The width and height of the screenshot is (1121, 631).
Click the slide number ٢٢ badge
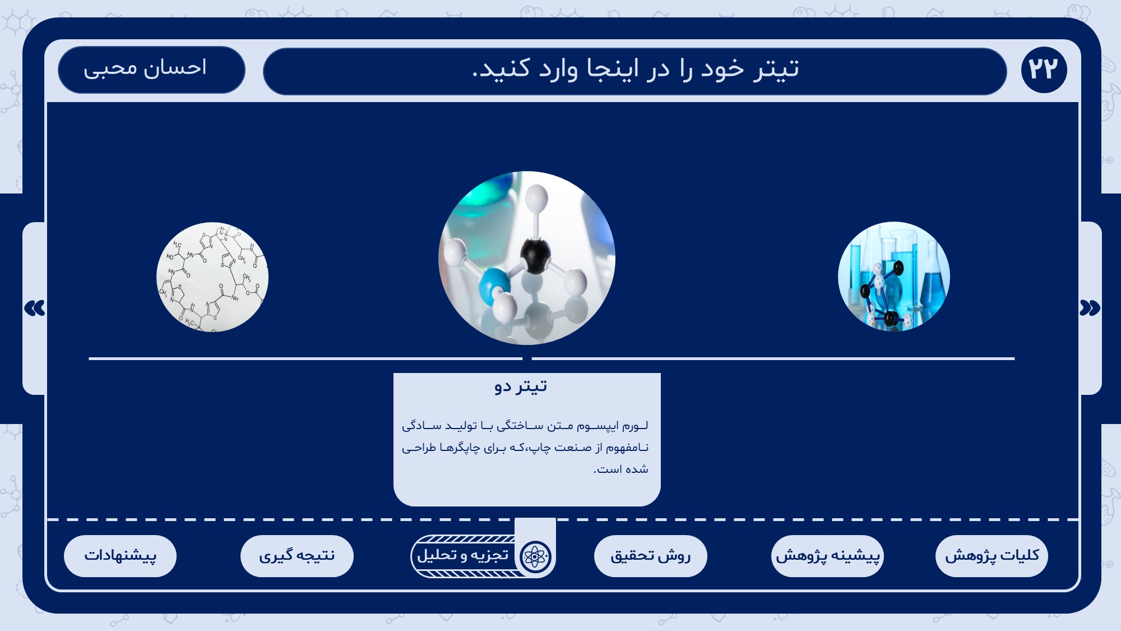[1044, 70]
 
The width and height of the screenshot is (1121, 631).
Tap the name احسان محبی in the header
[145, 68]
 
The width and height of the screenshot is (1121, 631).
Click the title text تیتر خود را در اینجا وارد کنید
[636, 70]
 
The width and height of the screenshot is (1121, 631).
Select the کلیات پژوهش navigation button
[992, 556]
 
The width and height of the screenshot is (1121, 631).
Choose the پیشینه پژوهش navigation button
[827, 556]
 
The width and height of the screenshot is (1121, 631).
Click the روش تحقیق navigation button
[650, 556]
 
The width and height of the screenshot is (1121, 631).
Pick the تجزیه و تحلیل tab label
[463, 555]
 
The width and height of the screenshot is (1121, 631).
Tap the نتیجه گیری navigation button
[297, 556]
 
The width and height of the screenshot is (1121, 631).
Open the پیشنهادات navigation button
[120, 556]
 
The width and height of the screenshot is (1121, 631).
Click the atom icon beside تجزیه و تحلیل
[536, 556]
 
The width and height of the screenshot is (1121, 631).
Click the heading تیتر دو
[521, 386]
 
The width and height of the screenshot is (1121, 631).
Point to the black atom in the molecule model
[535, 255]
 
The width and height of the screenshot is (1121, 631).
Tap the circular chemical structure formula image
[212, 277]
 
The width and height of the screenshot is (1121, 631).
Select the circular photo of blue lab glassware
[894, 277]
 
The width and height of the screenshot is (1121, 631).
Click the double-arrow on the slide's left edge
[35, 308]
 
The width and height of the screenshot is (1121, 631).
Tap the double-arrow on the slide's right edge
[1090, 308]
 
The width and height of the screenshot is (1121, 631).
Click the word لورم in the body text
[635, 426]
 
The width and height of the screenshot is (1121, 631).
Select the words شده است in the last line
[621, 469]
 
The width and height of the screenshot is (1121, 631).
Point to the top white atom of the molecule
[537, 198]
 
